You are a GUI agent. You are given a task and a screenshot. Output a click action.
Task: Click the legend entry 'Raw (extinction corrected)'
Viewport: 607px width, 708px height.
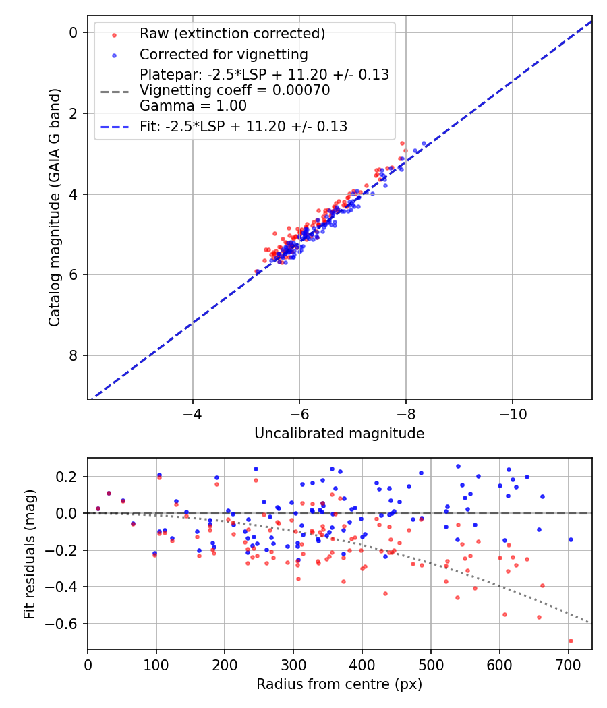(232, 34)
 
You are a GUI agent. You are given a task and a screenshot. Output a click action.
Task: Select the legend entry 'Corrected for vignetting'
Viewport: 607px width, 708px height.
(223, 55)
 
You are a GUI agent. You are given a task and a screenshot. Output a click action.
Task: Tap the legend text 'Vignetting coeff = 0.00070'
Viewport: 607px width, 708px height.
(235, 90)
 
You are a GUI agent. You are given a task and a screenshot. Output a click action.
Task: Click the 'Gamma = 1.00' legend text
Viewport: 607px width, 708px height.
(193, 106)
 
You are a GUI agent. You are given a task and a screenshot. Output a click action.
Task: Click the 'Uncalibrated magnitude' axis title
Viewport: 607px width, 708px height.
(339, 434)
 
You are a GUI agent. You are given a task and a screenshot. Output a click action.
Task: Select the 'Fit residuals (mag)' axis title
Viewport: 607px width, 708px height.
(29, 554)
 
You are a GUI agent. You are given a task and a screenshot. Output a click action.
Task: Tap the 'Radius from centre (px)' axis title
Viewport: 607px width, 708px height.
(339, 684)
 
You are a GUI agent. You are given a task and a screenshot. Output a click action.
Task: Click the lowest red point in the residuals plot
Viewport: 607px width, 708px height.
(570, 641)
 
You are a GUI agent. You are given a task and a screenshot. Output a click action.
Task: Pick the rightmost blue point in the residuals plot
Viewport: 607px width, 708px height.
(570, 539)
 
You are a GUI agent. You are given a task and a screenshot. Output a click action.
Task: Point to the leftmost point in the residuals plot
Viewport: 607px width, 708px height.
(98, 508)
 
